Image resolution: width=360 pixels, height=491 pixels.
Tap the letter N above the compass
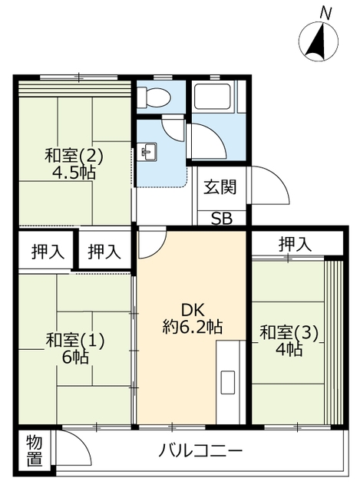pos(326,13)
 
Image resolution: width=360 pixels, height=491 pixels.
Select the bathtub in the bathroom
pos(217,97)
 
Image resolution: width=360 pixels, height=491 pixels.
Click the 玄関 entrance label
pos(220,186)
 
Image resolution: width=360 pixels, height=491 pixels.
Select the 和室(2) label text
pos(74,156)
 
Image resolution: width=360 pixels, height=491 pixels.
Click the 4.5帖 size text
pos(74,173)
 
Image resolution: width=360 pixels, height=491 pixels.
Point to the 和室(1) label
pos(74,338)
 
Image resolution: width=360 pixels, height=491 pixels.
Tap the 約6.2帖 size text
pos(192,326)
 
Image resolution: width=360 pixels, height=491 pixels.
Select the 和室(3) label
pos(289,333)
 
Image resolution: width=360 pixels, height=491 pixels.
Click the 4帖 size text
pos(289,350)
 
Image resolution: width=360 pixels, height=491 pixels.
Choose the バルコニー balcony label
pos(201,450)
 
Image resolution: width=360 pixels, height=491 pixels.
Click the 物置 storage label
pos(34,450)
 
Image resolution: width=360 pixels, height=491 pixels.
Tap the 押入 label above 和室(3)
pos(295,245)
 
